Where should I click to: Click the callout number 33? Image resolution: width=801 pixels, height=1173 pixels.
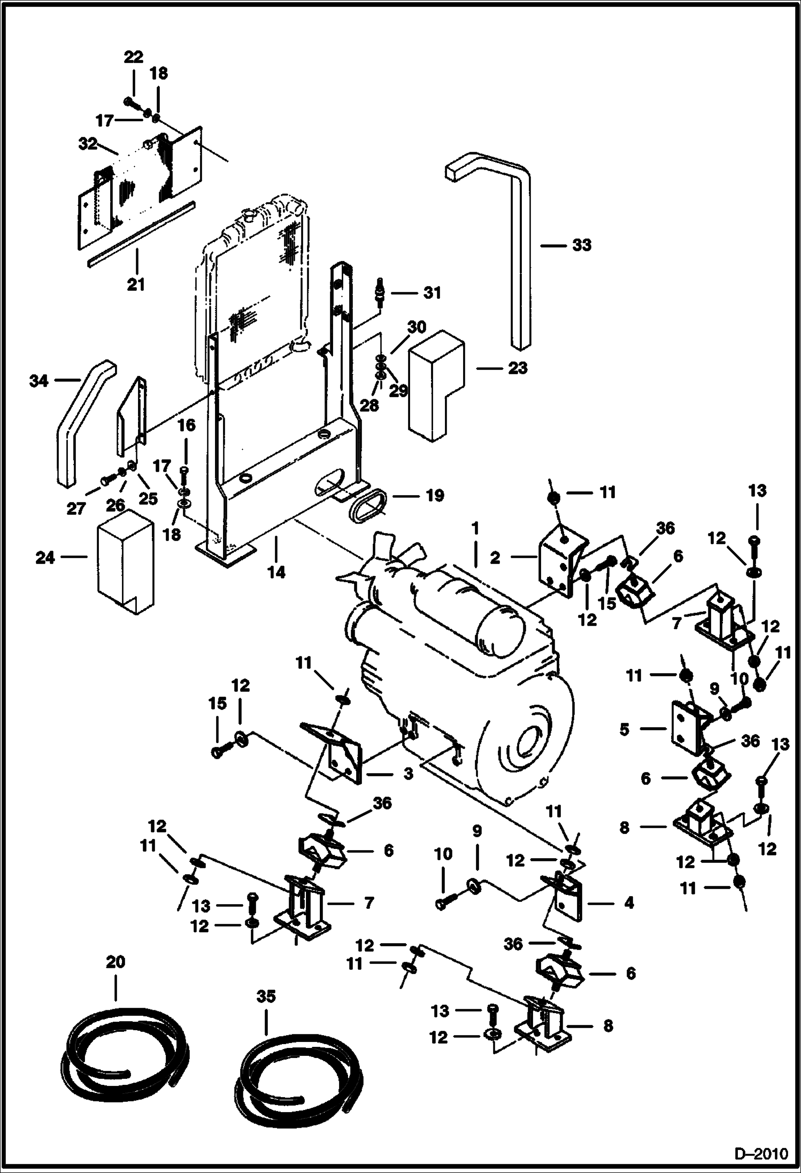tap(582, 245)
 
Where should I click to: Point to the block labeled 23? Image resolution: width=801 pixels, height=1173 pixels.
tap(436, 383)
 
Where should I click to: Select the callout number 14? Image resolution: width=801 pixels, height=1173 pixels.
tap(276, 572)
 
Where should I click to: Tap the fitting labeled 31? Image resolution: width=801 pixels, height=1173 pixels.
tap(382, 293)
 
